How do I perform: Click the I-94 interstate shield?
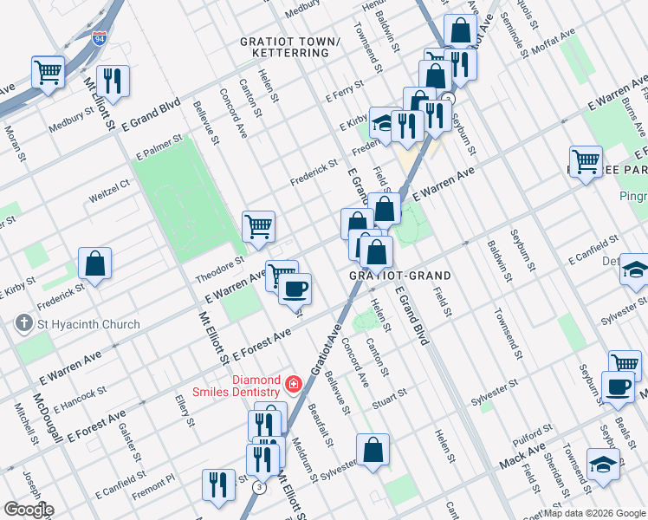coord(99,38)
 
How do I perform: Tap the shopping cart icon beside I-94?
coord(49,71)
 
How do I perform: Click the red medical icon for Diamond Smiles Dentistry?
coord(295,382)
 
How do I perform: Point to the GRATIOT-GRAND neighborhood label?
coord(399,276)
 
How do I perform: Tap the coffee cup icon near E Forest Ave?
coord(295,288)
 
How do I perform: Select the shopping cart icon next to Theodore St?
coord(259,227)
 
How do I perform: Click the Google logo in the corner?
coord(28,510)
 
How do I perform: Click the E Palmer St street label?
coord(159,146)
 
